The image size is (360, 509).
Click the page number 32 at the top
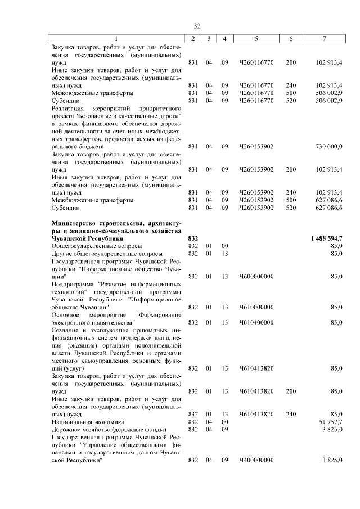coord(197,26)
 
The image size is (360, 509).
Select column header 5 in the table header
coord(256,38)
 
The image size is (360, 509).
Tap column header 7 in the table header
coord(324,38)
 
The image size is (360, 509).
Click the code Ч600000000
coord(256,276)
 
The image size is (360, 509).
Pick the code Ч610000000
coord(256,307)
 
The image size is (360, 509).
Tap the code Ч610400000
coord(256,322)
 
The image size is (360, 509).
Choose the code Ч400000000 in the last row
coord(256,460)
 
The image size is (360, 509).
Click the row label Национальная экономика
coord(88,421)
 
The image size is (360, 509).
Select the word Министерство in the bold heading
coord(75,223)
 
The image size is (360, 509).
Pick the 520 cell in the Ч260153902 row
coord(291,208)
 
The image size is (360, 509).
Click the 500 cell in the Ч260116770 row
coord(291,93)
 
